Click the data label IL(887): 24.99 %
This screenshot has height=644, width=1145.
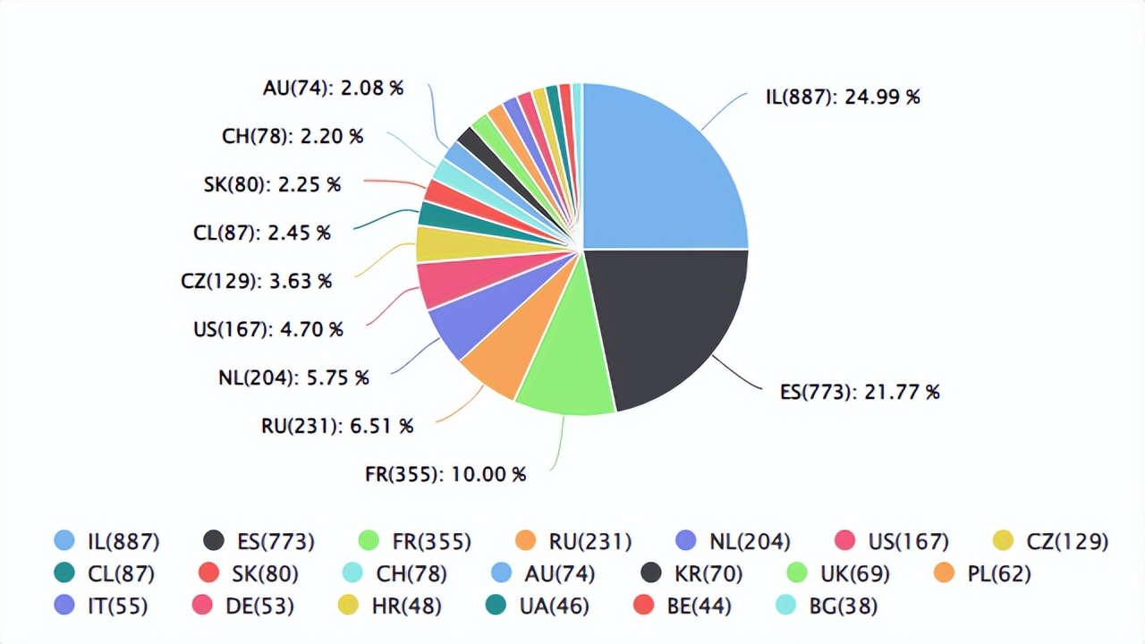(842, 97)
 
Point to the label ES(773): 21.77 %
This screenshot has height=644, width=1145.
(860, 392)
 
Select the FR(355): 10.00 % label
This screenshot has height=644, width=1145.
(445, 474)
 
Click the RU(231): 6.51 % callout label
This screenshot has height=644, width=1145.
(336, 426)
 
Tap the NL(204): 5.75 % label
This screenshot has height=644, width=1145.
(293, 377)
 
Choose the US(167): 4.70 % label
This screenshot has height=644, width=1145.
(267, 329)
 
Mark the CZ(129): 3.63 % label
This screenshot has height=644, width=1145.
(256, 281)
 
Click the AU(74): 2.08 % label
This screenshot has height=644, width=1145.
(333, 88)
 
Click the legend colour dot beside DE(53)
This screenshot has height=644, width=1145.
(202, 606)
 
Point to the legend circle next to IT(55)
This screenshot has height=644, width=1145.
(64, 606)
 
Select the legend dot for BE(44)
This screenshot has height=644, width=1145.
(643, 606)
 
